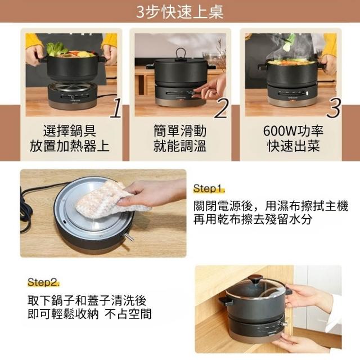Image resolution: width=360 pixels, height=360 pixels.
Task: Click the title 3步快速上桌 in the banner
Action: [x=180, y=11]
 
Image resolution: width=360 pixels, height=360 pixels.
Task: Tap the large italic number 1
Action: [x=116, y=108]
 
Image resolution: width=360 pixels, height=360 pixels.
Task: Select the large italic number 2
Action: [x=222, y=108]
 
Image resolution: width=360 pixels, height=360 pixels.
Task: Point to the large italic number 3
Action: [x=334, y=108]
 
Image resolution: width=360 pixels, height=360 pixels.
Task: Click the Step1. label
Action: [x=209, y=188]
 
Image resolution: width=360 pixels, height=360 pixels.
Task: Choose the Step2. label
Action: [x=43, y=282]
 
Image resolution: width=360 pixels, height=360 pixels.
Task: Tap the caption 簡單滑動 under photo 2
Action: [x=180, y=131]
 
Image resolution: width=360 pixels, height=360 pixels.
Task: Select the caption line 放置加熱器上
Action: [x=69, y=146]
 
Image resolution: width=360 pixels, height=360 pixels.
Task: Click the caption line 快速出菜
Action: [x=294, y=146]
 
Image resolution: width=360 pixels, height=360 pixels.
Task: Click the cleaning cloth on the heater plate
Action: [x=110, y=199]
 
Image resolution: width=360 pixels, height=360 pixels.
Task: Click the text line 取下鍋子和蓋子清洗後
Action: [x=87, y=300]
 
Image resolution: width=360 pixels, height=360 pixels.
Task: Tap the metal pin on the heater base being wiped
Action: [x=129, y=237]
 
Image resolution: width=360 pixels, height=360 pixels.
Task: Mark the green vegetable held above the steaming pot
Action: [x=287, y=43]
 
